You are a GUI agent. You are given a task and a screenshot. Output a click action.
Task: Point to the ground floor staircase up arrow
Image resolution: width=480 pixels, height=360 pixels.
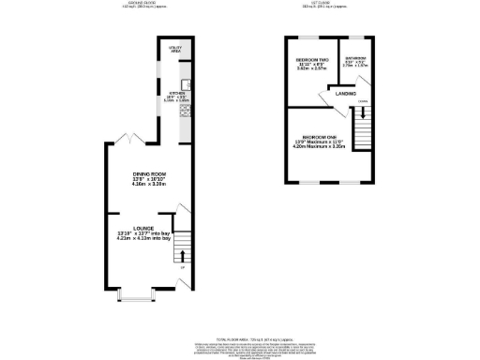[181, 255]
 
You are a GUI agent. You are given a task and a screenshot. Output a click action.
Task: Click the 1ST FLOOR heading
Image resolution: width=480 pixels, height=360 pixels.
[331, 4]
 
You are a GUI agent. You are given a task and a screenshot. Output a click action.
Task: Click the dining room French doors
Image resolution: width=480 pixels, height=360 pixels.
[131, 141]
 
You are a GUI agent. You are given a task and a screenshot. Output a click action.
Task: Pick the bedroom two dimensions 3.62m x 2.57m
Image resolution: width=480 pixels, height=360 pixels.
[309, 68]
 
